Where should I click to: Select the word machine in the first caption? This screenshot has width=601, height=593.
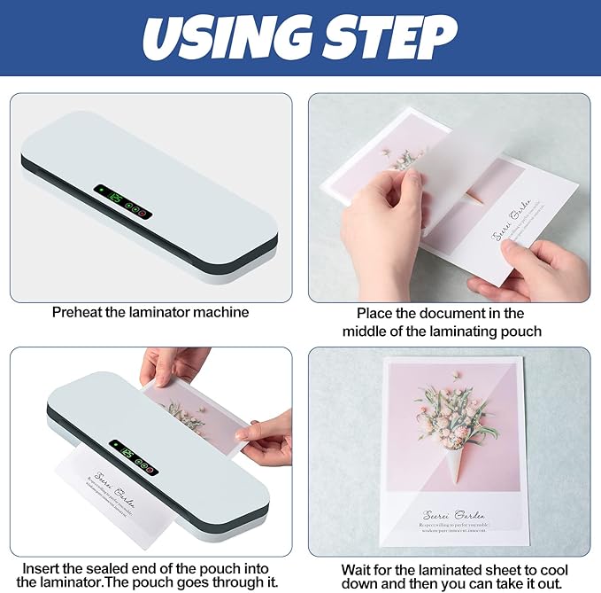[222, 312]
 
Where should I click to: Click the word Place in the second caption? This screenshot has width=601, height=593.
[374, 313]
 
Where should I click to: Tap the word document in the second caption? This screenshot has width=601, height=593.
[458, 313]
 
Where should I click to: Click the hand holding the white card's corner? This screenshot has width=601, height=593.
[531, 270]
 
